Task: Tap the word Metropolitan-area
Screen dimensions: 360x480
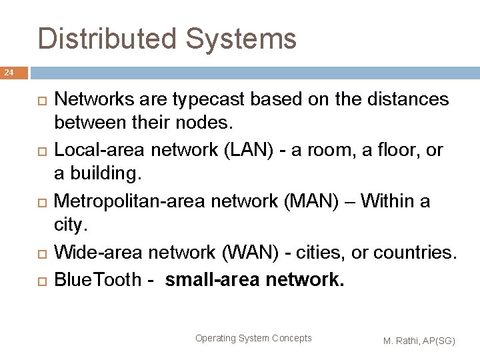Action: click(x=134, y=201)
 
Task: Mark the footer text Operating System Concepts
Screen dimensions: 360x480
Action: click(x=253, y=338)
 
